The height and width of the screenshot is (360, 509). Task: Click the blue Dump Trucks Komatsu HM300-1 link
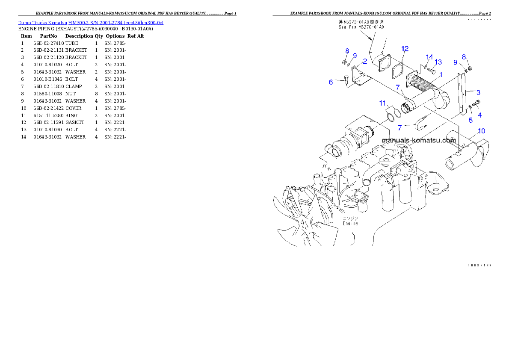pos(90,23)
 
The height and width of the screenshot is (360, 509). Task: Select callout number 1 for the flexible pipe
pos(440,74)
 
